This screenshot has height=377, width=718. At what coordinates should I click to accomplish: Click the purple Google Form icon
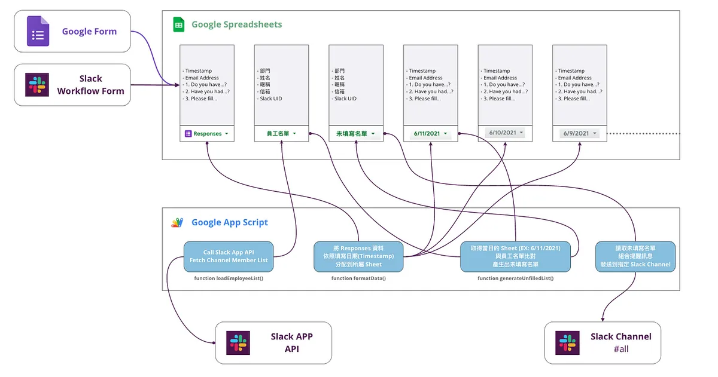[x=38, y=31]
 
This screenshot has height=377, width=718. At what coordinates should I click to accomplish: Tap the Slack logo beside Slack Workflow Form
[x=37, y=85]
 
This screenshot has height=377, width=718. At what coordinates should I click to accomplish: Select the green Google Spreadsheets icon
[x=178, y=24]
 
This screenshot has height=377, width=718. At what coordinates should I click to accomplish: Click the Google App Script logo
[x=177, y=223]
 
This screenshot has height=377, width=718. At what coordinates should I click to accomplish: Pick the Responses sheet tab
[x=207, y=134]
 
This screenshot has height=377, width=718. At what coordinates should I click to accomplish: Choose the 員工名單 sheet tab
[x=281, y=134]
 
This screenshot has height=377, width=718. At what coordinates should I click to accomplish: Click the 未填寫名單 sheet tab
[x=356, y=134]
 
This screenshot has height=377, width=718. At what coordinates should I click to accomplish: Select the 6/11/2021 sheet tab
[x=431, y=134]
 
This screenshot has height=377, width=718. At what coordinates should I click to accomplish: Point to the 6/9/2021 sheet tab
[x=579, y=133]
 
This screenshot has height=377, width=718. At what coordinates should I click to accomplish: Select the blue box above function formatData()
[x=358, y=256]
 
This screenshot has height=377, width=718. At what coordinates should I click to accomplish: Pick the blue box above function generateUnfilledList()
[x=515, y=256]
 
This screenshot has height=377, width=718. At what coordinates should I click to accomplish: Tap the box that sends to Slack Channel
[x=635, y=256]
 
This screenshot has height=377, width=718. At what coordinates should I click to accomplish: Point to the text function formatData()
[x=358, y=278]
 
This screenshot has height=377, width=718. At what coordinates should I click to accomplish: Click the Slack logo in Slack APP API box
[x=238, y=343]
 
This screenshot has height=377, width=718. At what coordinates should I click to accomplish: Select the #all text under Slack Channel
[x=620, y=350]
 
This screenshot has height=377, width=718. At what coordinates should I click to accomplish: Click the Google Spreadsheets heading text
[x=236, y=24]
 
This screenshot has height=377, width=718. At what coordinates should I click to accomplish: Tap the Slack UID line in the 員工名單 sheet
[x=270, y=99]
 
